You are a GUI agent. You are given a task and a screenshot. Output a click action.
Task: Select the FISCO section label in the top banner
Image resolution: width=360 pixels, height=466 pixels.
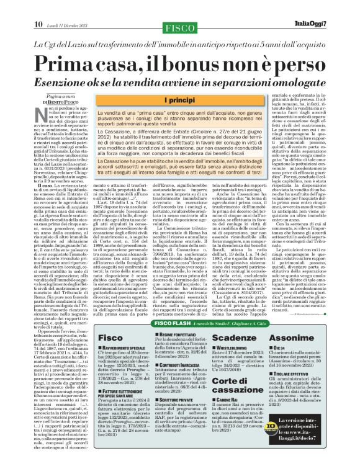(179, 11)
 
